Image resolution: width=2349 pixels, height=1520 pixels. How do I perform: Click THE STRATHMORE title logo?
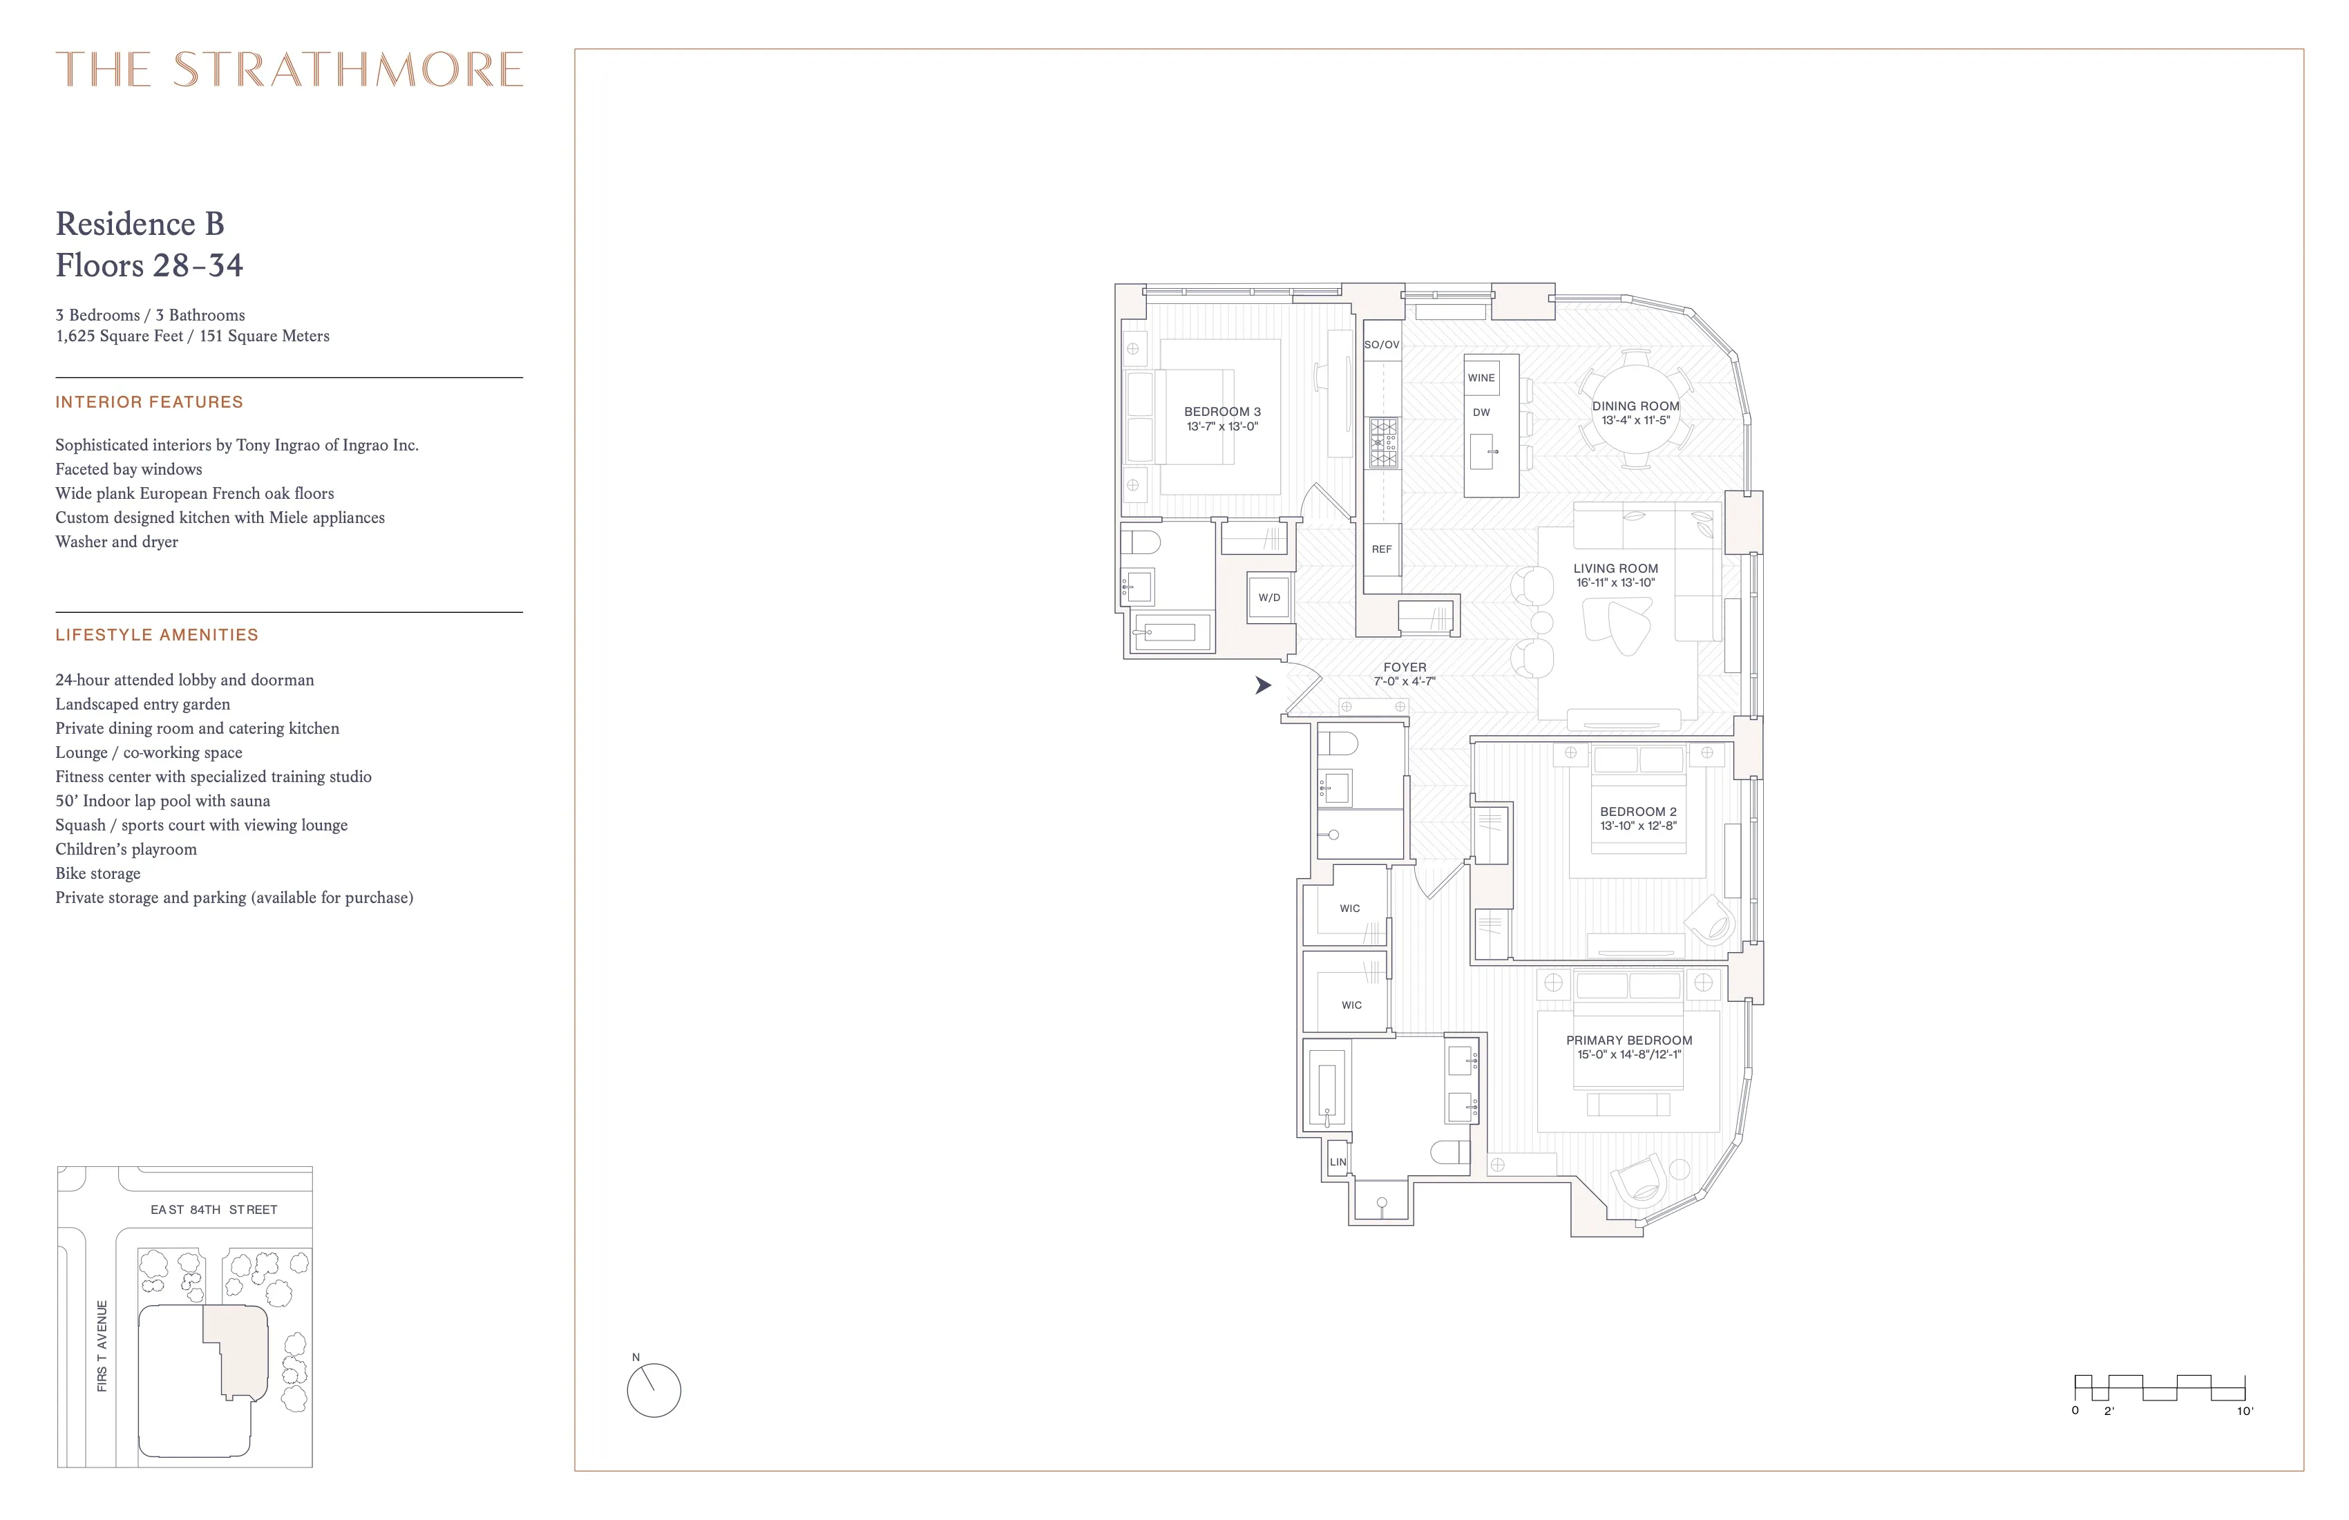click(x=289, y=70)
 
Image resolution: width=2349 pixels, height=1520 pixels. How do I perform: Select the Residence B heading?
click(x=140, y=224)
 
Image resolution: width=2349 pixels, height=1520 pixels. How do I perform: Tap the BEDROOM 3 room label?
click(x=1222, y=412)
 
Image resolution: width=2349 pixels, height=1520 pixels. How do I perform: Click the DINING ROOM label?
click(x=1635, y=406)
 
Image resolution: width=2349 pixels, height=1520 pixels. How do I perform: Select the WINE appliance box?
click(x=1481, y=378)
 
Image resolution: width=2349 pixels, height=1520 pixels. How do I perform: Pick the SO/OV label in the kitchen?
click(x=1382, y=345)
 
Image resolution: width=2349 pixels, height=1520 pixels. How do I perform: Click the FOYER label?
click(x=1405, y=667)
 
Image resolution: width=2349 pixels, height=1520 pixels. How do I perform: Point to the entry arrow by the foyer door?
click(x=1262, y=685)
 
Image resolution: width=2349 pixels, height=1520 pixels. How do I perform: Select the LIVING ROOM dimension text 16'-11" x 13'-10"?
click(x=1616, y=583)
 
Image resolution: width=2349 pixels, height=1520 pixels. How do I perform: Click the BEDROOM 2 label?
click(x=1638, y=811)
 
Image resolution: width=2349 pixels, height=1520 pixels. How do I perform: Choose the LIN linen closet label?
click(x=1338, y=1161)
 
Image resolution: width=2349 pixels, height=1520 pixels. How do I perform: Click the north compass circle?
click(x=654, y=1391)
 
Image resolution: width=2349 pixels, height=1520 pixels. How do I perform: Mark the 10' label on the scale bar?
click(x=2245, y=1412)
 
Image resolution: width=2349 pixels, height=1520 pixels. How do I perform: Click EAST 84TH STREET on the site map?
click(x=214, y=1210)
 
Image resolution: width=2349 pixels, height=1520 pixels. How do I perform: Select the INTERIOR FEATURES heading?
click(x=149, y=401)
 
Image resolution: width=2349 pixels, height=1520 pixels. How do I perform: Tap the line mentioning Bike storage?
click(x=97, y=873)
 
